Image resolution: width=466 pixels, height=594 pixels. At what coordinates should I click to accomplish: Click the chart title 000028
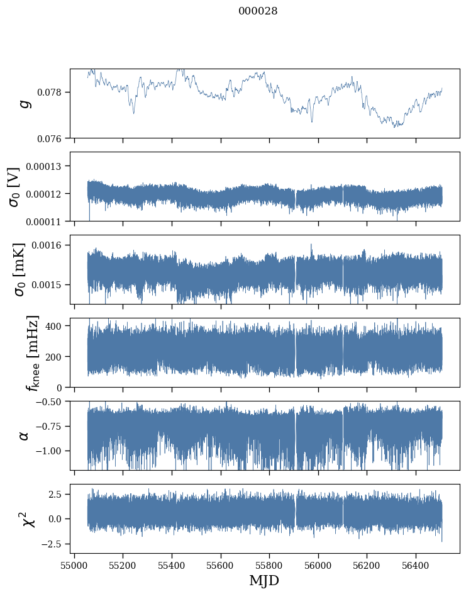(x=258, y=11)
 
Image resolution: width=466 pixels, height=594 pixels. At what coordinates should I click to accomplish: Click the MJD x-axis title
(x=264, y=580)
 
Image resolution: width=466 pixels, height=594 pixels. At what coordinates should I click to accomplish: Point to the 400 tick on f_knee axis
(x=55, y=326)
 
